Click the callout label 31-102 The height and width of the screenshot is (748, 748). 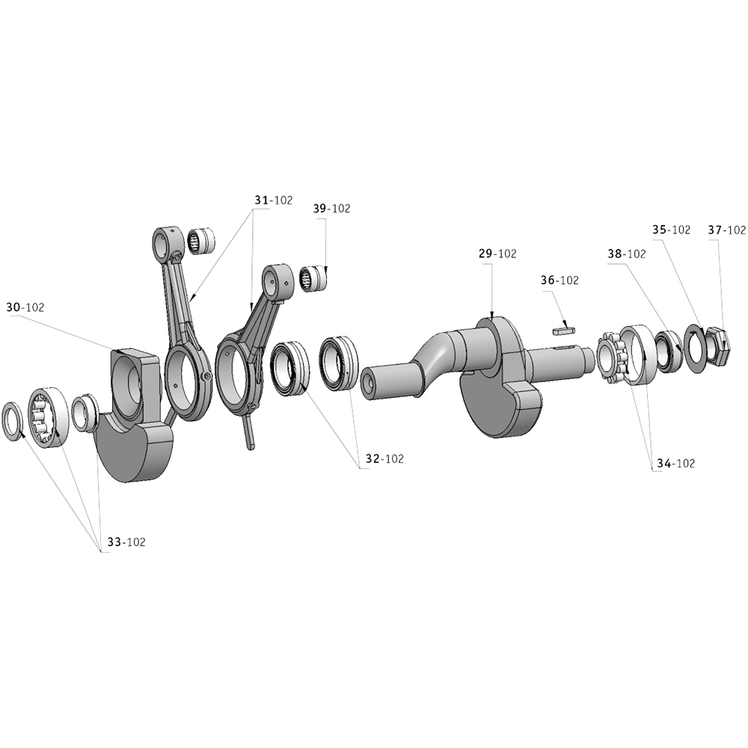[x=273, y=200]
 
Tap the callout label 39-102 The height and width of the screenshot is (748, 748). [x=331, y=209]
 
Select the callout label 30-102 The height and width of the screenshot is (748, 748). [x=25, y=307]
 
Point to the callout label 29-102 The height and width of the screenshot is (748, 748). [x=497, y=254]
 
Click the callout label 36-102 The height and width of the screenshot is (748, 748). [x=560, y=280]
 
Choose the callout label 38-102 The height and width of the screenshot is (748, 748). [x=627, y=254]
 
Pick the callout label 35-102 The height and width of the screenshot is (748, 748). [x=671, y=230]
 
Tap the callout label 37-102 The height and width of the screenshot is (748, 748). [x=726, y=230]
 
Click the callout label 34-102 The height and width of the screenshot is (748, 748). [x=676, y=463]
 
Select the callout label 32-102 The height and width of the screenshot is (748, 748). [x=384, y=459]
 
